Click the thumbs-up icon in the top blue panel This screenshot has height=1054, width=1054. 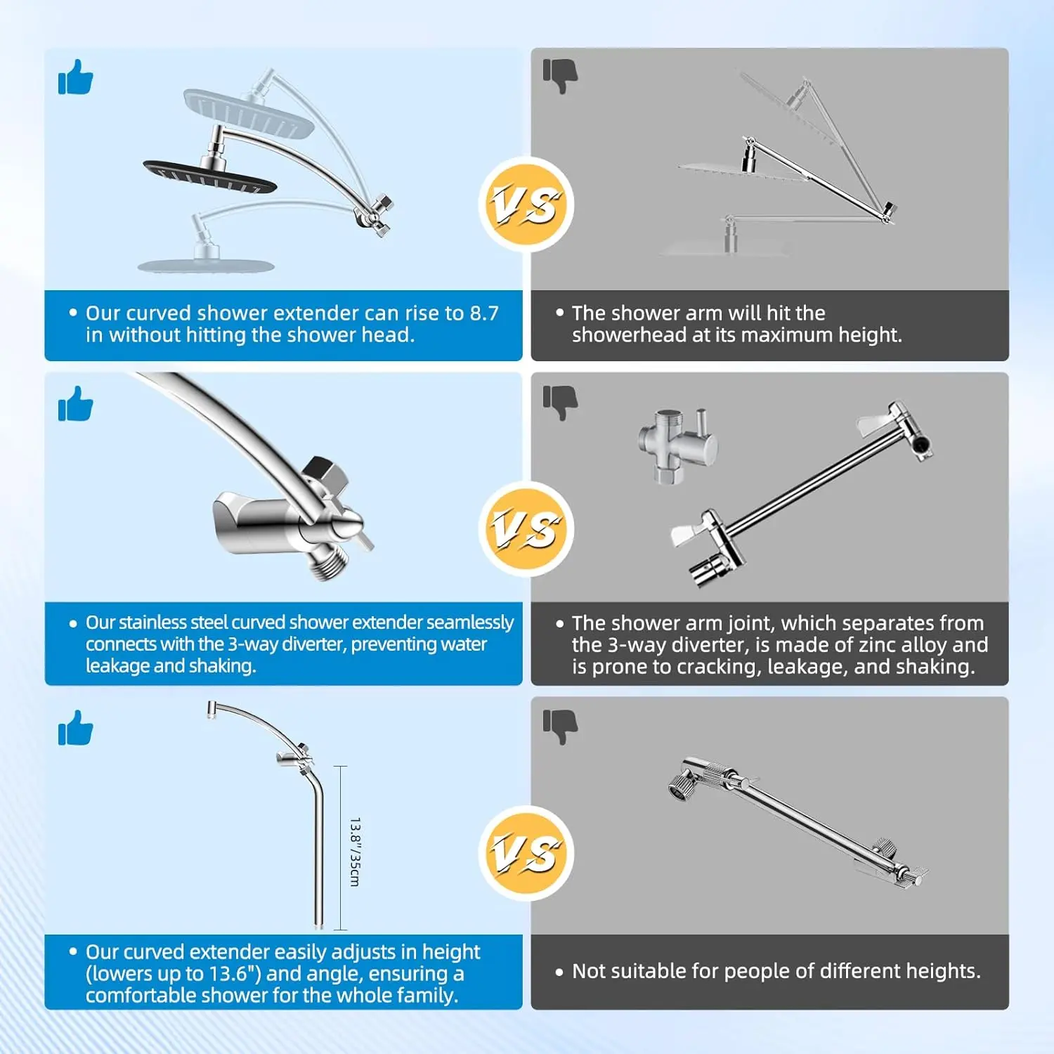pyautogui.click(x=75, y=77)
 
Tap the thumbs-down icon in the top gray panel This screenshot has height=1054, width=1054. pyautogui.click(x=560, y=76)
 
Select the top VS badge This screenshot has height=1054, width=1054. pyautogui.click(x=526, y=204)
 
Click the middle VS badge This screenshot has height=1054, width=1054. pyautogui.click(x=526, y=528)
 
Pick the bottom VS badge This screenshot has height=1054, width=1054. pyautogui.click(x=526, y=853)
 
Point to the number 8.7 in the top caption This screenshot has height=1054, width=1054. pyautogui.click(x=484, y=313)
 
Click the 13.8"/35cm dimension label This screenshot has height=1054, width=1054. pyautogui.click(x=355, y=852)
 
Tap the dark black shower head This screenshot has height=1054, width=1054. pyautogui.click(x=209, y=177)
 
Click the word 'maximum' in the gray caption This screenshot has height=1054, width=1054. pyautogui.click(x=793, y=335)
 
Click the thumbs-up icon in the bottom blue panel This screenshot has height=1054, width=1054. pyautogui.click(x=75, y=727)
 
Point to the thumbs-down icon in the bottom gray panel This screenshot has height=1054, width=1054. pyautogui.click(x=560, y=726)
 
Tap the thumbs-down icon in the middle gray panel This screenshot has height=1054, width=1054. pyautogui.click(x=560, y=403)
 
